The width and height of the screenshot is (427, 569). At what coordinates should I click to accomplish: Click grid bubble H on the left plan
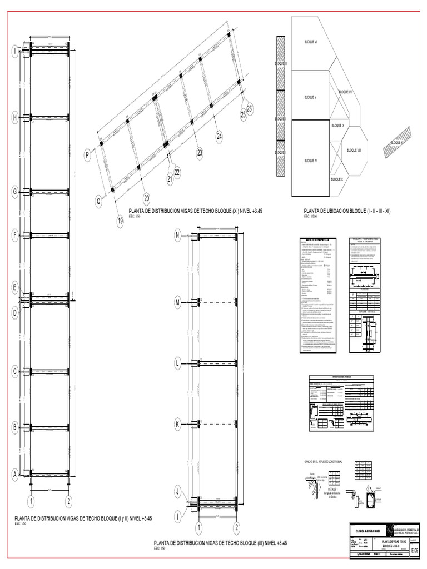[16, 117]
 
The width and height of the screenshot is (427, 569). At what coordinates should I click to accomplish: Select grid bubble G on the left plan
[16, 192]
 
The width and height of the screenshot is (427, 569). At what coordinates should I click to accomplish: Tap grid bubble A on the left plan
[16, 475]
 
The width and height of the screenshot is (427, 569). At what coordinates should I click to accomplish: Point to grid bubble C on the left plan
[16, 371]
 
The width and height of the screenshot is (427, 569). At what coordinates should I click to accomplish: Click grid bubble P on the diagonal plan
[87, 156]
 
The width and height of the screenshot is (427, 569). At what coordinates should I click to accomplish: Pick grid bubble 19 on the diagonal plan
[120, 222]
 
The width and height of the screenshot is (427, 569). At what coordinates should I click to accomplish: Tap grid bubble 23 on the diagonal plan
[200, 152]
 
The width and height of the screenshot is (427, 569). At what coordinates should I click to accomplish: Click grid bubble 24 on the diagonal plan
[219, 136]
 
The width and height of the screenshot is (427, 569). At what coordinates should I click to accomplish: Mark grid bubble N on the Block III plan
[178, 236]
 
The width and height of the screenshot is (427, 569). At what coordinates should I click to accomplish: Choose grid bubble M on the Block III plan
[178, 302]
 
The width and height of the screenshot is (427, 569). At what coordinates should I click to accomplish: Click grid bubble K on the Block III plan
[178, 425]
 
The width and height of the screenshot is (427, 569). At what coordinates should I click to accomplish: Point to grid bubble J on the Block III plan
[178, 491]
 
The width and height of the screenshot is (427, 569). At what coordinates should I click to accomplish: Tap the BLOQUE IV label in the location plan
[311, 161]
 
